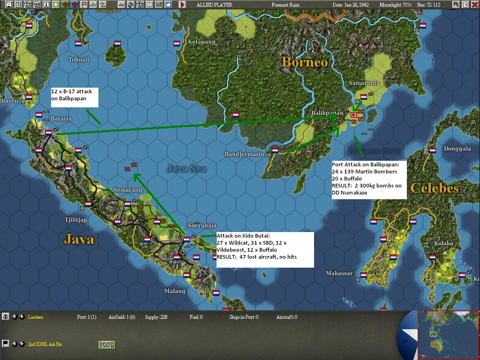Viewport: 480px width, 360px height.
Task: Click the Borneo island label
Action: (304, 62)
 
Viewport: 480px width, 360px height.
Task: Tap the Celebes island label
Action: (434, 188)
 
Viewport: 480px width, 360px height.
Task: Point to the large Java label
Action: (79, 240)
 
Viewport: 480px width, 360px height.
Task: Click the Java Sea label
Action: (186, 168)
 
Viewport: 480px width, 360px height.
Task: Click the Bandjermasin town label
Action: (245, 154)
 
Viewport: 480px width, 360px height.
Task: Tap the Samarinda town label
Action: (364, 83)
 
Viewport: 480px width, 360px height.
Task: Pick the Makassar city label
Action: (339, 273)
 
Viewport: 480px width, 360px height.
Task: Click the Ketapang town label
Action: (202, 42)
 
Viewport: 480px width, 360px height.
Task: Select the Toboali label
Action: (79, 60)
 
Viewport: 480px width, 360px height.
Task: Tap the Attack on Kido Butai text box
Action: (265, 249)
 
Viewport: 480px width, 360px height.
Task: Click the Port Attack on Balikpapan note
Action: (369, 179)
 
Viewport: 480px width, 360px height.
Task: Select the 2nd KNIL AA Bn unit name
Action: (45, 345)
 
